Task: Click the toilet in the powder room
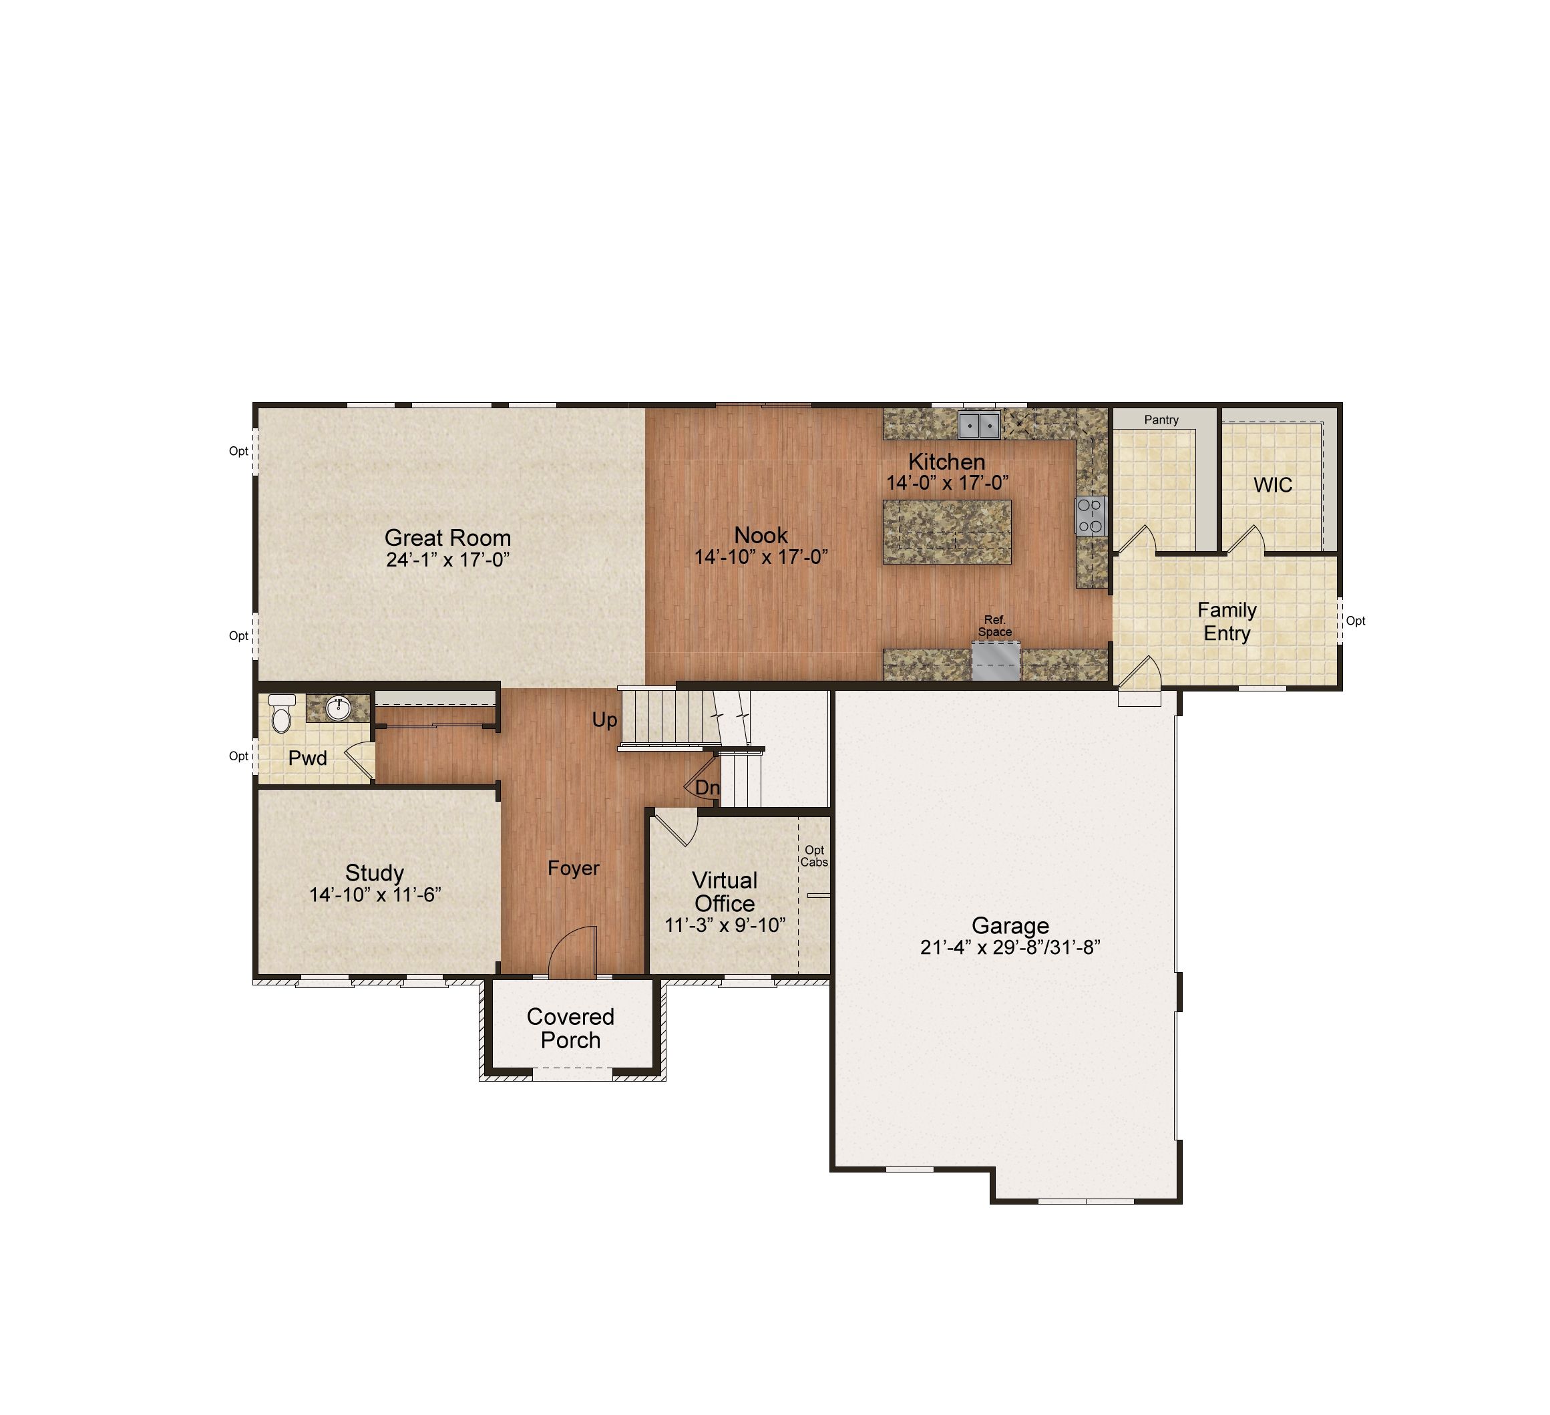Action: pos(281,713)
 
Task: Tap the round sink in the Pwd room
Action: pos(339,707)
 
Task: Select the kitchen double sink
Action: pos(979,424)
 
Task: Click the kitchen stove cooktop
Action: pos(1091,516)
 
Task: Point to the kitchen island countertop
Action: pos(946,531)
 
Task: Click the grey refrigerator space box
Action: pos(996,661)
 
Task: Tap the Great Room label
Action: pos(447,538)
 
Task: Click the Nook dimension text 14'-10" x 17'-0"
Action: pos(761,557)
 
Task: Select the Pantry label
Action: pos(1161,420)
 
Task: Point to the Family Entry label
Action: pos(1227,621)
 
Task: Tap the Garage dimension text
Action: pos(1010,947)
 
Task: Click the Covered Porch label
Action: pos(570,1028)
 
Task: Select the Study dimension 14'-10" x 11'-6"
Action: pos(375,895)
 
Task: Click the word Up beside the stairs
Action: pos(604,720)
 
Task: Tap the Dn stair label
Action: pos(707,788)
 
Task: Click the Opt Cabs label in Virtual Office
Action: pos(814,856)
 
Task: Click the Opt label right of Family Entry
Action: pos(1356,621)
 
